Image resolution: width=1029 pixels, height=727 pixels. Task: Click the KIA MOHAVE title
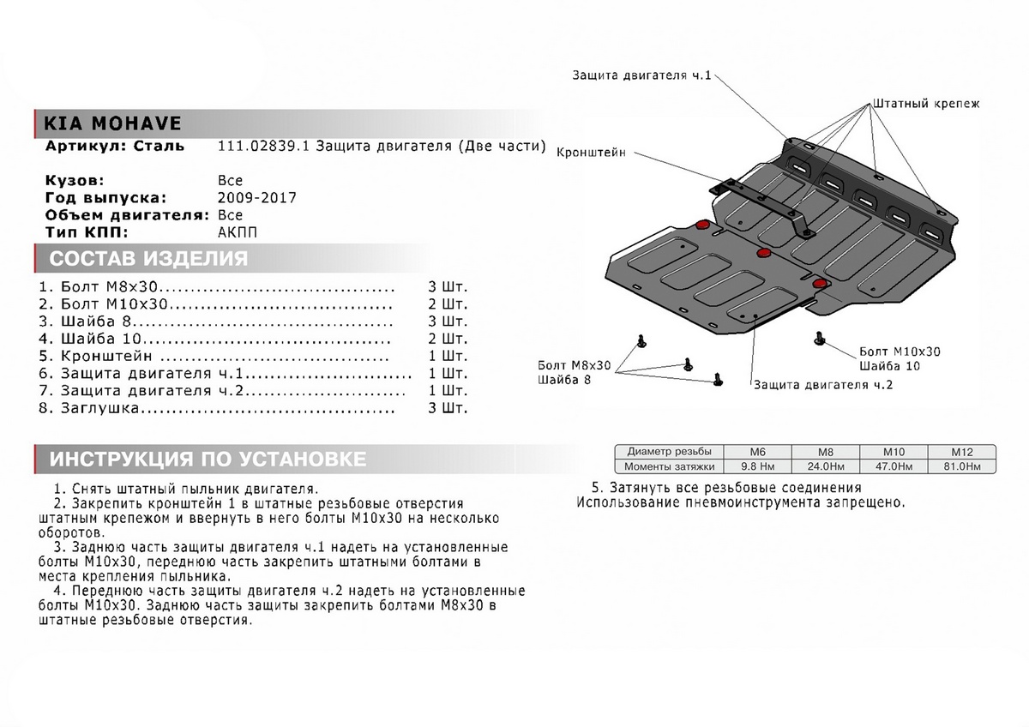point(106,122)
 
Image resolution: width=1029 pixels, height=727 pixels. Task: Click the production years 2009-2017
point(258,197)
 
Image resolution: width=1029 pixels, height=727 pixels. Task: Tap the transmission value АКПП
point(238,232)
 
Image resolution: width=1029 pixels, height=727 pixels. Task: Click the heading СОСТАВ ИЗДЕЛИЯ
point(148,259)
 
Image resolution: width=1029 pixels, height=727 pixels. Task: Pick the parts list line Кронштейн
point(107,356)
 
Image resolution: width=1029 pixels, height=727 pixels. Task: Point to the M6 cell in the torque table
point(757,452)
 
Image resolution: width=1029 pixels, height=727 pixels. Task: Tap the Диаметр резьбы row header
point(669,452)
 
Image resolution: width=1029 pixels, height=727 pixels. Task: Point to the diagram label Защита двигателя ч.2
point(824,385)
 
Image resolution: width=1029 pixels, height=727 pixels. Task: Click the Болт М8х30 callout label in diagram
point(575,365)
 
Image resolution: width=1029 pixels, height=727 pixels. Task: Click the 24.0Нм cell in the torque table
point(824,466)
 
